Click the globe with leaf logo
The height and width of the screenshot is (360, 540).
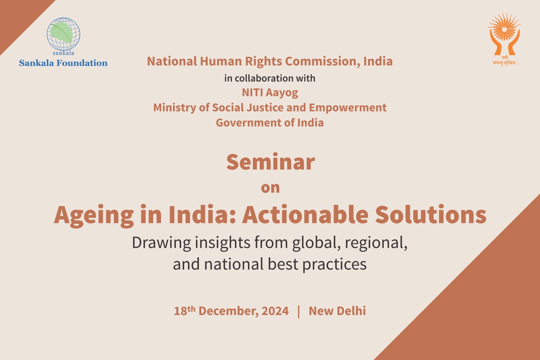63,34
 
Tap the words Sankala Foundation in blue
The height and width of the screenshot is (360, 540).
63,63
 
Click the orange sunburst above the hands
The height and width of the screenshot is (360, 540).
504,27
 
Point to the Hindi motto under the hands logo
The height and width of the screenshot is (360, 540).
505,61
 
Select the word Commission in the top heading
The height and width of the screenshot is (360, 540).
323,61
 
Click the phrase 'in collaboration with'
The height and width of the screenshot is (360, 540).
270,78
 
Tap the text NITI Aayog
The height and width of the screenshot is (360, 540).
270,93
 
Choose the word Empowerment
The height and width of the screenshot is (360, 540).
348,108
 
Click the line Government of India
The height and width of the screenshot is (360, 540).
270,123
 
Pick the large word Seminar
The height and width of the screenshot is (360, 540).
270,162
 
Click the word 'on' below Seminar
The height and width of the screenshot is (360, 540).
270,188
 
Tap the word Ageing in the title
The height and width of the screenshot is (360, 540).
94,215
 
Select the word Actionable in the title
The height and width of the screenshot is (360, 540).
305,214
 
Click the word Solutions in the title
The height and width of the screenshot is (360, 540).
431,214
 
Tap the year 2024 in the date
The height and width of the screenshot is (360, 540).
275,311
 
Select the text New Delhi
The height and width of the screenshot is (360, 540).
337,311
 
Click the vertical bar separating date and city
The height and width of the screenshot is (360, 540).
299,312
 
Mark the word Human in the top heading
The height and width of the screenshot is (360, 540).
221,61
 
